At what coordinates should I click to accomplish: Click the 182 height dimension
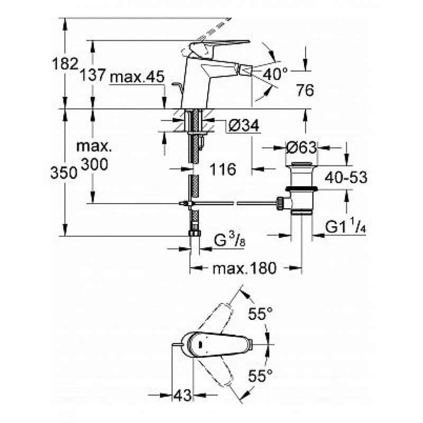[x=65, y=64]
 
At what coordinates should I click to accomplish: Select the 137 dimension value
[x=93, y=75]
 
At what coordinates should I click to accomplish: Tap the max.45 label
[x=137, y=77]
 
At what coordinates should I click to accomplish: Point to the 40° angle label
[x=275, y=74]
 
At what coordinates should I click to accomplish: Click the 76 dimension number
[x=305, y=90]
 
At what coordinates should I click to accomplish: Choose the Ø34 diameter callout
[x=244, y=125]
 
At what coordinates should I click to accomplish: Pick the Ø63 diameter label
[x=301, y=148]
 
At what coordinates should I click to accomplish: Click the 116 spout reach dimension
[x=223, y=169]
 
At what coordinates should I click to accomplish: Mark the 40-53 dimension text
[x=346, y=178]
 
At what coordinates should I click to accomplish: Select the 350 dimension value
[x=63, y=173]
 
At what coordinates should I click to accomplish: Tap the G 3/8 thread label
[x=229, y=240]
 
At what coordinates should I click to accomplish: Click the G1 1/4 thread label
[x=346, y=226]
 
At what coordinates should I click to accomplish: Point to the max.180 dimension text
[x=244, y=268]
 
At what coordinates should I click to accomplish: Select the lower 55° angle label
[x=260, y=375]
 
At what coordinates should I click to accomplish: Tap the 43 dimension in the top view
[x=182, y=396]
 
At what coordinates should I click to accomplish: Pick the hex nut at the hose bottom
[x=195, y=233]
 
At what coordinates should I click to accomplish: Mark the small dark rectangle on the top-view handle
[x=200, y=344]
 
